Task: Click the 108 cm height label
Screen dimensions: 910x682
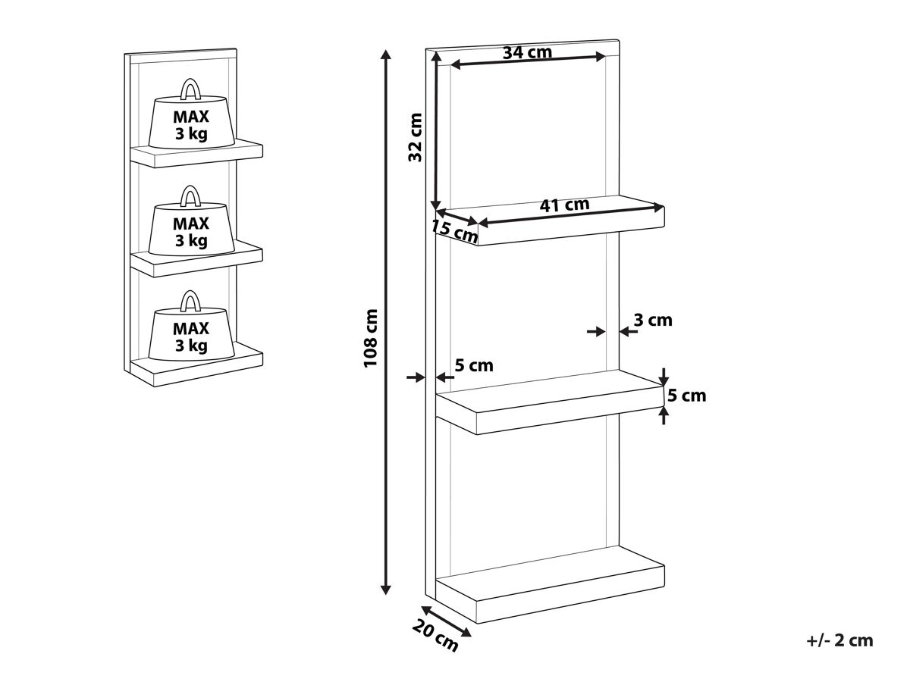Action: tap(370, 338)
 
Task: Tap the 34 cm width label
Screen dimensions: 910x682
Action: tap(527, 52)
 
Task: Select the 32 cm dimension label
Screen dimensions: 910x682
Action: tap(415, 137)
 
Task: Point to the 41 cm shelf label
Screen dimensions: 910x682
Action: tap(564, 205)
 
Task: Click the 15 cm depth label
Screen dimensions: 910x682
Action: tap(454, 231)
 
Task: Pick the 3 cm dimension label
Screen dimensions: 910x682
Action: tap(653, 320)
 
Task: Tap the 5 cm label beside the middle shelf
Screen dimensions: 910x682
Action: tap(686, 396)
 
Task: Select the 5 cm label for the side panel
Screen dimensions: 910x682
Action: tap(474, 365)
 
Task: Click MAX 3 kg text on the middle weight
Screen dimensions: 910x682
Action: tap(190, 232)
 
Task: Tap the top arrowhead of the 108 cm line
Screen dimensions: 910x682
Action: tap(386, 55)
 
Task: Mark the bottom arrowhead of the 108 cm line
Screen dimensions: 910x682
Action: tap(386, 590)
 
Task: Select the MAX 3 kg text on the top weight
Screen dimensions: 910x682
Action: tap(190, 125)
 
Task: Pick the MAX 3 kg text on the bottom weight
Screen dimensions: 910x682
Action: tap(190, 336)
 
